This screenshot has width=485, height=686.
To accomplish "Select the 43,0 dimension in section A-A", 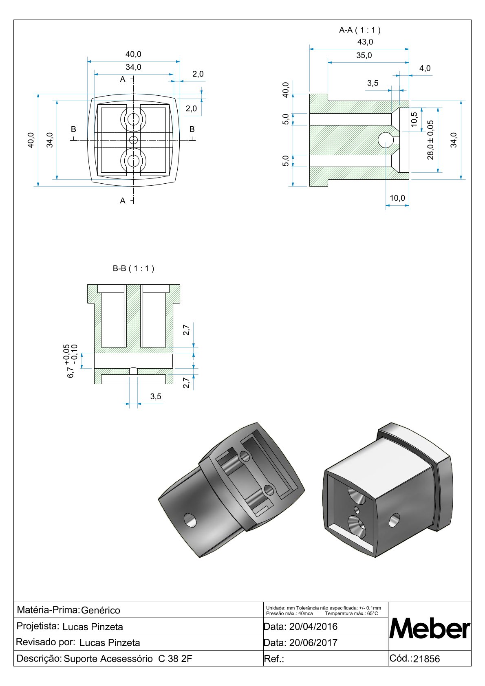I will [x=365, y=42].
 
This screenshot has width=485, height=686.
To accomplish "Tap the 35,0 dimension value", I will [x=364, y=55].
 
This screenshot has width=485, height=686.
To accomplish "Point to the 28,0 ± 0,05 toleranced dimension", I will [x=430, y=140].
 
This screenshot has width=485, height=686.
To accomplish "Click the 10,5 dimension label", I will [x=414, y=119].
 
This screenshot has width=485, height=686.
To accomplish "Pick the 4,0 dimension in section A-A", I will [x=425, y=68].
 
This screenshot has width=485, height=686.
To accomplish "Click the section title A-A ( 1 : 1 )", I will [x=359, y=30].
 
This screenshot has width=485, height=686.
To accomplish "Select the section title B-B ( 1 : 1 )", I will [x=133, y=268].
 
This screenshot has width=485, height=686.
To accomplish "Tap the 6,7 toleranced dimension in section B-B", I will [x=72, y=361].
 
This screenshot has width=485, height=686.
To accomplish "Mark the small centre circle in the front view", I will [x=133, y=140].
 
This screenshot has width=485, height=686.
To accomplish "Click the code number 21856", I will [x=426, y=659].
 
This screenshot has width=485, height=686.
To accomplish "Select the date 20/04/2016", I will [x=313, y=627].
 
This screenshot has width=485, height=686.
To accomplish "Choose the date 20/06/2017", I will [x=313, y=643].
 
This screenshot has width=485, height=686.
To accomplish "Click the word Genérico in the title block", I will [x=101, y=610].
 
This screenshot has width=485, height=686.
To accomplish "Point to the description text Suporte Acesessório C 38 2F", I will [x=128, y=659].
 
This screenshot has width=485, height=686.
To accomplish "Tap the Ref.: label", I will [x=274, y=659].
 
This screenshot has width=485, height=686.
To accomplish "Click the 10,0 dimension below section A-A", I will [x=397, y=198].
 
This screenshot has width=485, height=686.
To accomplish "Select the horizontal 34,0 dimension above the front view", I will [x=133, y=67].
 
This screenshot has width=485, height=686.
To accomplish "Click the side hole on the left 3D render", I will [x=190, y=520].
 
